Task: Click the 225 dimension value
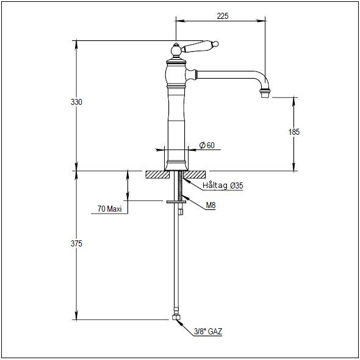tap(223, 16)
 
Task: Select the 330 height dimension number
tap(76, 102)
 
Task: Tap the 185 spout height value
tap(294, 132)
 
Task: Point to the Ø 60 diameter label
tap(207, 145)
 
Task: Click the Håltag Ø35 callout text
tap(223, 185)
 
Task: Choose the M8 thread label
tap(211, 205)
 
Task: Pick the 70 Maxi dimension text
tap(109, 209)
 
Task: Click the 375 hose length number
tap(76, 243)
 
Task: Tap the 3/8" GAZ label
tap(208, 331)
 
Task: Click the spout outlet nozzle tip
tap(265, 94)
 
